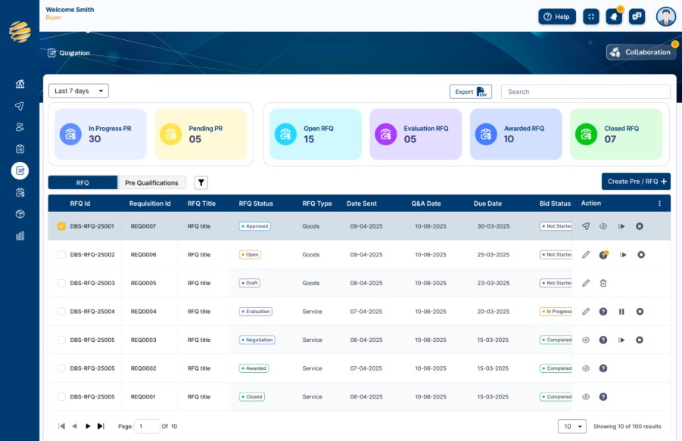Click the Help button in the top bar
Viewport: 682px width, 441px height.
(x=557, y=17)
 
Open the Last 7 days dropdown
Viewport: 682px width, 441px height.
(x=79, y=91)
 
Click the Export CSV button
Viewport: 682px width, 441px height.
(x=471, y=92)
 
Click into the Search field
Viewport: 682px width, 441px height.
(x=585, y=92)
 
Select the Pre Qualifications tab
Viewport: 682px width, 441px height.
(x=151, y=182)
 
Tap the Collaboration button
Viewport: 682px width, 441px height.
(x=641, y=52)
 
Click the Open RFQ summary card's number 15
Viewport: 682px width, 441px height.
(x=309, y=139)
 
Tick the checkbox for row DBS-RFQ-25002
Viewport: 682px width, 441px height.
(x=61, y=255)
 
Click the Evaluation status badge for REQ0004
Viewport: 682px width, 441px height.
(x=256, y=312)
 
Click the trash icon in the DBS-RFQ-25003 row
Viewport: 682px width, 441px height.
(x=603, y=283)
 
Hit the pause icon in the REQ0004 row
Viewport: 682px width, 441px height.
(x=621, y=312)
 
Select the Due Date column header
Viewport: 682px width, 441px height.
(x=487, y=203)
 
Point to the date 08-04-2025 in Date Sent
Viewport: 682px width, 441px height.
(x=366, y=283)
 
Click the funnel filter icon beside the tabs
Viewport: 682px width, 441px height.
(x=201, y=182)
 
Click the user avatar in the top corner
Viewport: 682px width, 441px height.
(x=665, y=17)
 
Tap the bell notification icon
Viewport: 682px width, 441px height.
(x=614, y=17)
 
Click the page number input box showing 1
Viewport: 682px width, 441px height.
(x=147, y=426)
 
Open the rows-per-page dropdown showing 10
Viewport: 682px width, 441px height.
(x=572, y=426)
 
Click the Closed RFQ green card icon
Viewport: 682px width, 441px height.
(x=586, y=134)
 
